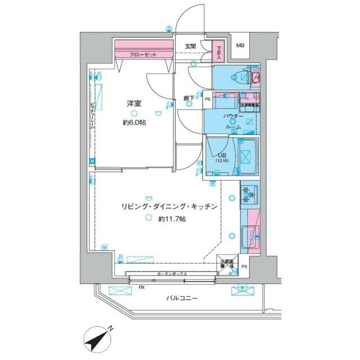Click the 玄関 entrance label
coord(190,46)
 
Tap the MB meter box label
coord(240,46)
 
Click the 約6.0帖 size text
coord(134,123)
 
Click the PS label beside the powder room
coord(208,100)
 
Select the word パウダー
coord(233,116)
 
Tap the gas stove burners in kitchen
coord(249,196)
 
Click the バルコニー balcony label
coord(181,298)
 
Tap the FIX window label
coord(142,287)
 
